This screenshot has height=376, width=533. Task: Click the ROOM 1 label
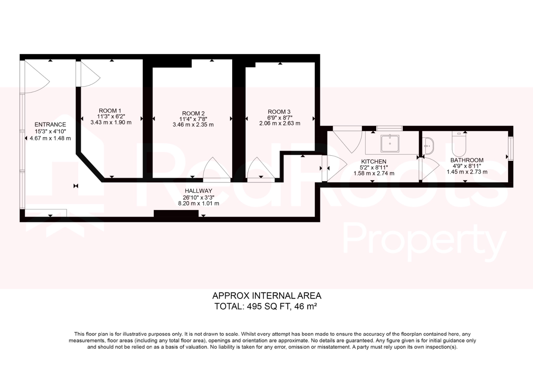110,111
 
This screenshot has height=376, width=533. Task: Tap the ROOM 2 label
193,114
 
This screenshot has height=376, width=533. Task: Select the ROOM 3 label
279,112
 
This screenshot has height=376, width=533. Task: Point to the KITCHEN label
373,162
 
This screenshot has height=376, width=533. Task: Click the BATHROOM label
467,160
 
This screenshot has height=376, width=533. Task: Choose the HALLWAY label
198,191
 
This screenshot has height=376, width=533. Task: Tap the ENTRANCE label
50,125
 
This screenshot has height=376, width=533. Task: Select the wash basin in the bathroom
428,146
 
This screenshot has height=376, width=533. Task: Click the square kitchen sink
390,143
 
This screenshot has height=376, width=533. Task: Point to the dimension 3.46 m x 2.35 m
193,125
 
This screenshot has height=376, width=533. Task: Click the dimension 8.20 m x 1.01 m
198,203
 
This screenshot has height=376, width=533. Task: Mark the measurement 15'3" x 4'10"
50,131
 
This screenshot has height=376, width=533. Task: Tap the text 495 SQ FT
268,307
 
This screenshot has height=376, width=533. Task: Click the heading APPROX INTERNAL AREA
267,296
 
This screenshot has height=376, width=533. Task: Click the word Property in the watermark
424,240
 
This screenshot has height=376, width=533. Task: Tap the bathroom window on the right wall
511,149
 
